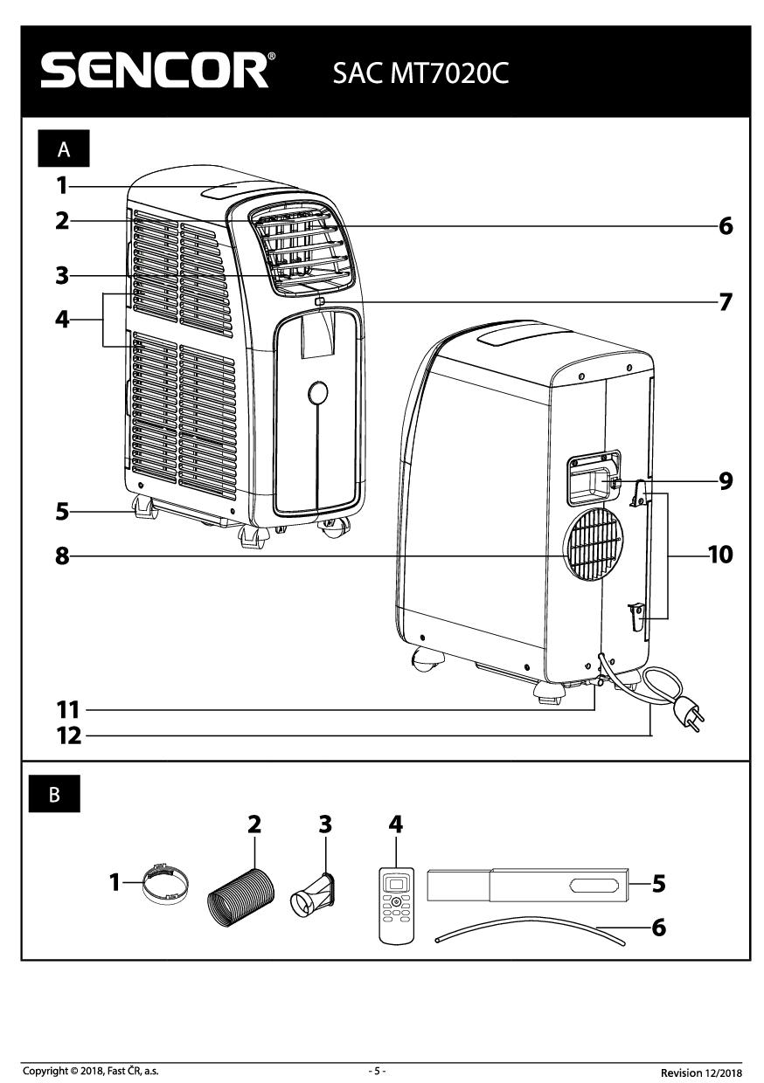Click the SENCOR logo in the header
coord(157,72)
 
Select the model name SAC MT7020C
coord(420,73)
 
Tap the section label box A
coord(63,150)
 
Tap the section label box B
coord(55,795)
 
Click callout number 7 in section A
coord(725,302)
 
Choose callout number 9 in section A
coord(725,480)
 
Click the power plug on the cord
coord(691,714)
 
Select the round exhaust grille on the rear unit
coord(594,545)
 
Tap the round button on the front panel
coord(318,393)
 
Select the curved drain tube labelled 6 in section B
coord(530,929)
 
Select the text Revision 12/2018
coord(701,1072)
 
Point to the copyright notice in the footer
coord(91,1071)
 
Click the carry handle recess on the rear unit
coord(593,479)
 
